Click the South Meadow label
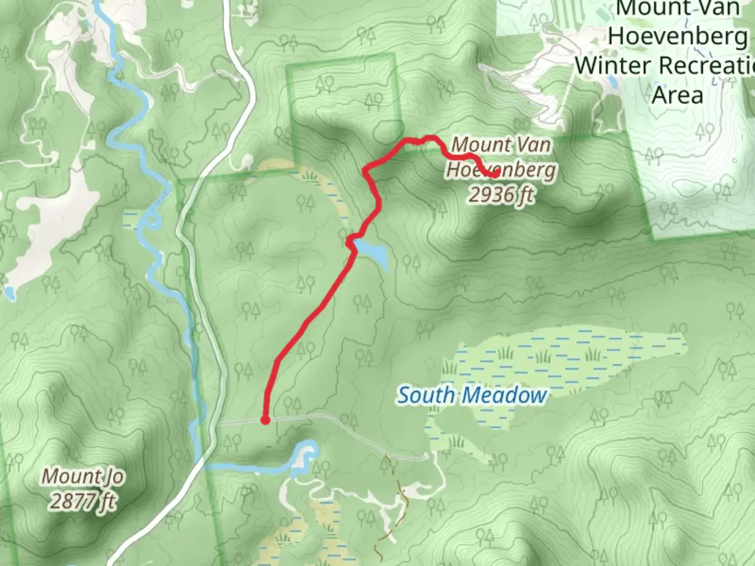[471, 395]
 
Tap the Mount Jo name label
[83, 476]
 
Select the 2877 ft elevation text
[83, 501]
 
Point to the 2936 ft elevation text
[501, 195]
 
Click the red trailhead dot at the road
[265, 420]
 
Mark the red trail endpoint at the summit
[494, 174]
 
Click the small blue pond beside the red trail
[373, 253]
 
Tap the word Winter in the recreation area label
[613, 66]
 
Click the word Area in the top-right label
[677, 95]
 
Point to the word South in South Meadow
[424, 395]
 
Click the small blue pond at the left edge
[9, 292]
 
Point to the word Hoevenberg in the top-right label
[677, 37]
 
